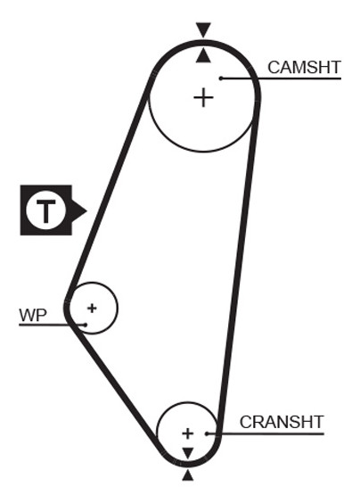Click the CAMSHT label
(304, 68)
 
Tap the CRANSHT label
(282, 422)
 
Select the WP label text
(33, 316)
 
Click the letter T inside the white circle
(46, 210)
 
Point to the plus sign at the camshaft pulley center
(203, 97)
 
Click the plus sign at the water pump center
(92, 309)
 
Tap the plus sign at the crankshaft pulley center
(187, 433)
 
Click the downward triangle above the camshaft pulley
(203, 29)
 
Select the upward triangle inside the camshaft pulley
(203, 56)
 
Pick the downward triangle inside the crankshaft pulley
(188, 453)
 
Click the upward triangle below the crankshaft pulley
(188, 475)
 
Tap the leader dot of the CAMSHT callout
(221, 78)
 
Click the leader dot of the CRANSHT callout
(207, 433)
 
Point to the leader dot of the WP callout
(86, 325)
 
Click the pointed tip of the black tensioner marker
(86, 210)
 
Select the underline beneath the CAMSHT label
(281, 78)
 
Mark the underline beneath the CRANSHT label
(266, 433)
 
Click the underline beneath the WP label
(53, 325)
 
